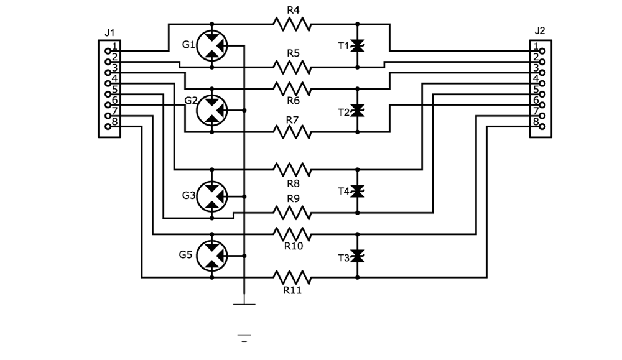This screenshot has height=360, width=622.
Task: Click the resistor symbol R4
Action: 291,24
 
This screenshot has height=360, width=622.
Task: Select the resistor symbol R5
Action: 291,65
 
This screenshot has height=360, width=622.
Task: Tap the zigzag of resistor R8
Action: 291,169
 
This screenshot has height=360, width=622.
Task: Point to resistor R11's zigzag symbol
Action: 291,276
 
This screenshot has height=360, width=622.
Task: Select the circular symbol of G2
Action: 212,110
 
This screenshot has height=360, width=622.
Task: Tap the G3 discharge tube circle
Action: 212,196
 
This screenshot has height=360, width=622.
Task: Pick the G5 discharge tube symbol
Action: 212,256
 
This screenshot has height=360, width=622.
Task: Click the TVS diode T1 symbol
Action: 357,45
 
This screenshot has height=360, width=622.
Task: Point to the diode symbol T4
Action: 357,191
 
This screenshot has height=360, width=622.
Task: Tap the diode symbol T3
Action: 357,256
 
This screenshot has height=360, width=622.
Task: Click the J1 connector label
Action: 109,32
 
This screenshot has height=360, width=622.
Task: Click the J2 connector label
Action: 539,30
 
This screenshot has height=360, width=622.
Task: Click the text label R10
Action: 293,246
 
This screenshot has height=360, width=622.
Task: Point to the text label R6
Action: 293,99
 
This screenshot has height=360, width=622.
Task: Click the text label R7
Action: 293,119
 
